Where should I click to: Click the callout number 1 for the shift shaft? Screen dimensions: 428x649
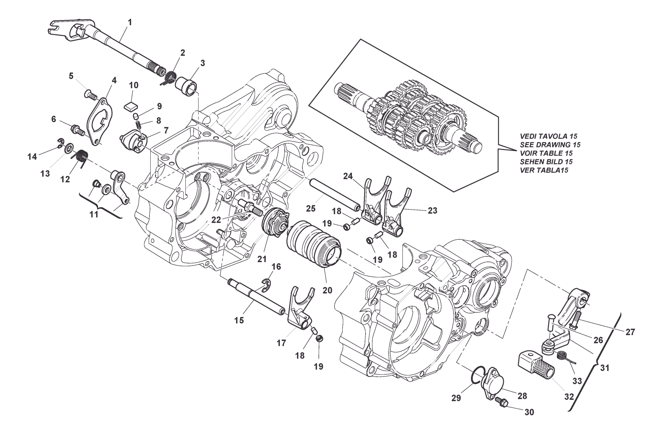(130, 22)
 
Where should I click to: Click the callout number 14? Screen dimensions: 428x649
(32, 157)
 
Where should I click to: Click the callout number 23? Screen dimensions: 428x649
(432, 211)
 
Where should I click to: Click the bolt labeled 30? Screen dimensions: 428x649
(501, 402)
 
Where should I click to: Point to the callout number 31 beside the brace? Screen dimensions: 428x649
(604, 368)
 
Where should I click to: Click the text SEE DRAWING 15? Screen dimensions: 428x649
(550, 144)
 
